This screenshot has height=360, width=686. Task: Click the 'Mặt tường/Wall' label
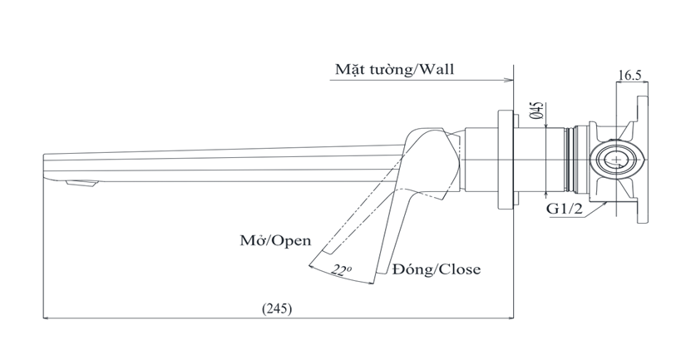(x=394, y=68)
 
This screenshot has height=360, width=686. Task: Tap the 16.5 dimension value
(x=629, y=74)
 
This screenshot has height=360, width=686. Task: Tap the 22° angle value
(x=339, y=270)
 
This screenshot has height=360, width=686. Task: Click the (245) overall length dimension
(x=276, y=308)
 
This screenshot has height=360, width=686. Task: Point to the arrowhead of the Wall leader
(x=508, y=81)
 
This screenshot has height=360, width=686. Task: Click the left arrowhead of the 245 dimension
(x=47, y=318)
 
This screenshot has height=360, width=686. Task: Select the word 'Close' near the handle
(x=460, y=269)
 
